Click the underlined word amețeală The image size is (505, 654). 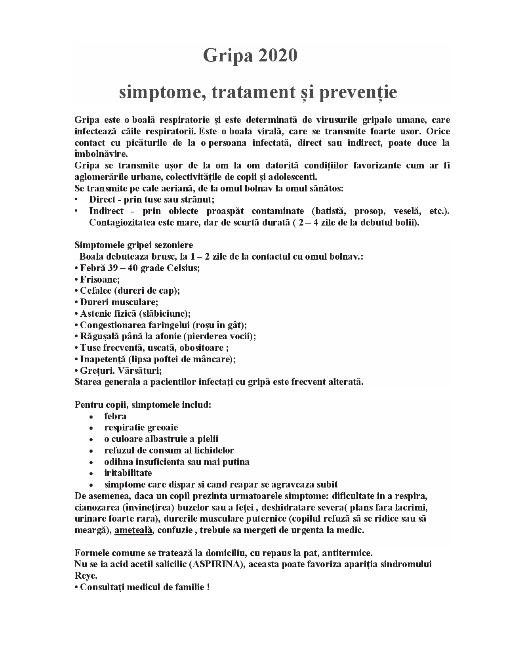[x=133, y=530]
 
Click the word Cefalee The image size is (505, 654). [x=95, y=291]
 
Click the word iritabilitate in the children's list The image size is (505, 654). [x=128, y=473]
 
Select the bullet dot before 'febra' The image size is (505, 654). [x=91, y=417]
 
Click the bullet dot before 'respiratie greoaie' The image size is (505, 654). [x=91, y=428]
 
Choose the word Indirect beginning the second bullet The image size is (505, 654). [x=106, y=211]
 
